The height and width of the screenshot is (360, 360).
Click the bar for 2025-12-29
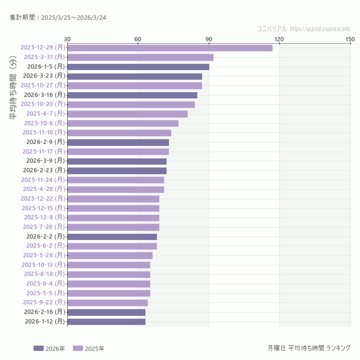point(170,48)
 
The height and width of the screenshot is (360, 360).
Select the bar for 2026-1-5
point(138,67)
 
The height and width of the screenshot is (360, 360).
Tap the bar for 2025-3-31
point(140,57)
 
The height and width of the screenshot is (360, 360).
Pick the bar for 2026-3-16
point(132,95)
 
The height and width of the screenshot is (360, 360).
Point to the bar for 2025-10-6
point(123,123)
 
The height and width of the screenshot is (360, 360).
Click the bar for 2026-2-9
point(118,142)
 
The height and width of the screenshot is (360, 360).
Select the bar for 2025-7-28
point(113,227)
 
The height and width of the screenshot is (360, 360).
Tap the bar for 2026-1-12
point(106,322)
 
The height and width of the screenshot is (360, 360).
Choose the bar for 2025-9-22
point(108,302)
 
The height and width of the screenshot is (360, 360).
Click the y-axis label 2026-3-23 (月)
point(44,76)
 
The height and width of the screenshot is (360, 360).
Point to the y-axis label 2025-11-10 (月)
point(44,132)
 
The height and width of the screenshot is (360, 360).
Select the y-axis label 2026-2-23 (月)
point(44,170)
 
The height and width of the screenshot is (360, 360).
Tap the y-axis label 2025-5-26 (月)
point(44,255)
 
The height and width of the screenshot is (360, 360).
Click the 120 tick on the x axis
point(279,39)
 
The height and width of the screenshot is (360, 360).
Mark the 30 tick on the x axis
point(67,39)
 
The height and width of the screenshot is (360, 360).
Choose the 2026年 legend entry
point(49,348)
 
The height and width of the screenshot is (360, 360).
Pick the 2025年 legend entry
point(89,348)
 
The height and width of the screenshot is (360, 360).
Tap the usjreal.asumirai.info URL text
point(320,29)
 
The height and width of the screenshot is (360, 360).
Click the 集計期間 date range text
point(58,18)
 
